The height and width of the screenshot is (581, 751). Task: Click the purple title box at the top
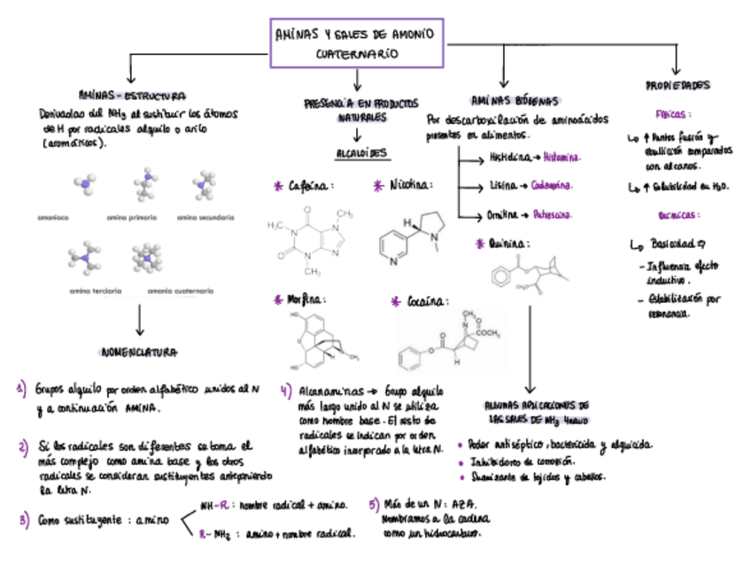[357, 43]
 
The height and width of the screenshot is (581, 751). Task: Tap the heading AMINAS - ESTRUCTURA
[132, 96]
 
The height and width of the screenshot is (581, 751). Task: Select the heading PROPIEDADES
[677, 86]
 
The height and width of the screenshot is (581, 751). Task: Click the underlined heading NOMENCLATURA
[140, 352]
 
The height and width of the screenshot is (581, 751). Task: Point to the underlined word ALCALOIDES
[360, 153]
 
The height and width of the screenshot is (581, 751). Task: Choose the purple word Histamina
[561, 158]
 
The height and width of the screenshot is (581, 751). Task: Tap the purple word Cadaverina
[552, 186]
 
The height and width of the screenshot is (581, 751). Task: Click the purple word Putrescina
[552, 214]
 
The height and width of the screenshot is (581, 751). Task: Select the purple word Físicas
[673, 114]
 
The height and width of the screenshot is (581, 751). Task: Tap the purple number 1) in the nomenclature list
[22, 388]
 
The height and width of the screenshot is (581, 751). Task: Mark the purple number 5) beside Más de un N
[374, 504]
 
